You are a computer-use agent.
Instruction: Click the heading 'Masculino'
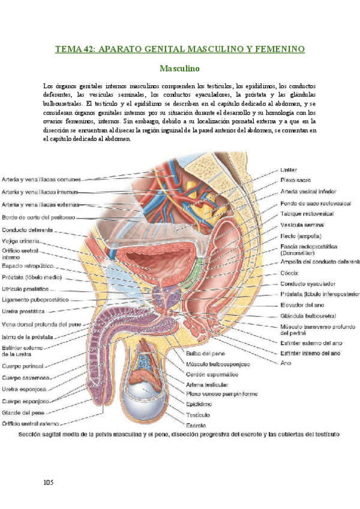(179, 69)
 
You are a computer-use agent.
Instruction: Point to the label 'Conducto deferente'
(29, 229)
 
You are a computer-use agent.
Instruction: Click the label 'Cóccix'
(290, 272)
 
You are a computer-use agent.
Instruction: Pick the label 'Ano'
(285, 363)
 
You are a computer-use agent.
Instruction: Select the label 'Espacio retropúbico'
(29, 265)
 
